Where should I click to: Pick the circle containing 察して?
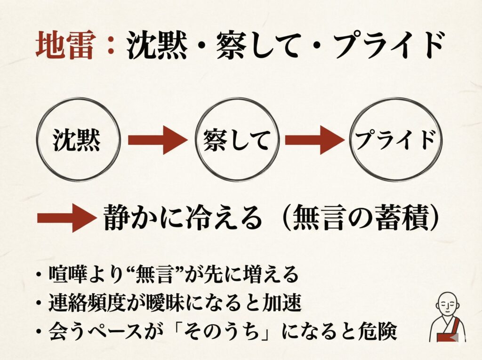tap(238, 139)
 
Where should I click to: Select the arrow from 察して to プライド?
tap(314, 140)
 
